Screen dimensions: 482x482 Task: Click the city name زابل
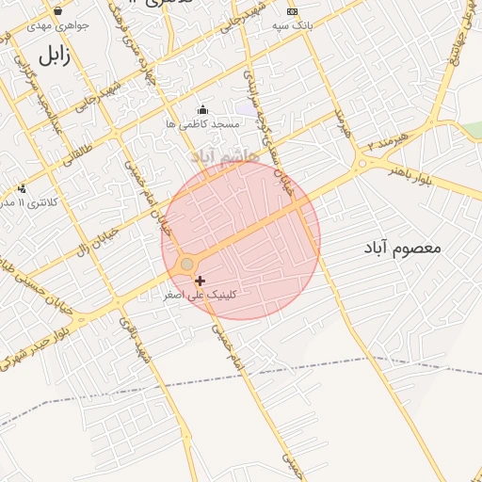[55, 56]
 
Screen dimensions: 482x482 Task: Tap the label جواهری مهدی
[57, 25]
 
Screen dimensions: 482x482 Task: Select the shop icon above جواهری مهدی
[58, 11]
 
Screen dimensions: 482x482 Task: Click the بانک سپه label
[294, 25]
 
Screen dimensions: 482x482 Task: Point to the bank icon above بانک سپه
[292, 11]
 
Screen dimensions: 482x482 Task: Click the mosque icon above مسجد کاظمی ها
[202, 110]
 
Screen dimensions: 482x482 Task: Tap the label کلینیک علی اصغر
[201, 295]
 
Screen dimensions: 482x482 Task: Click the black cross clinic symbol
[200, 281]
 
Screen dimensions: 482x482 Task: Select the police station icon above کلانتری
[23, 188]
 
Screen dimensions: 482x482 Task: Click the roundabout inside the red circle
[187, 265]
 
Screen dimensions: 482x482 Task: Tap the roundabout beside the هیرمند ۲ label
[361, 164]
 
